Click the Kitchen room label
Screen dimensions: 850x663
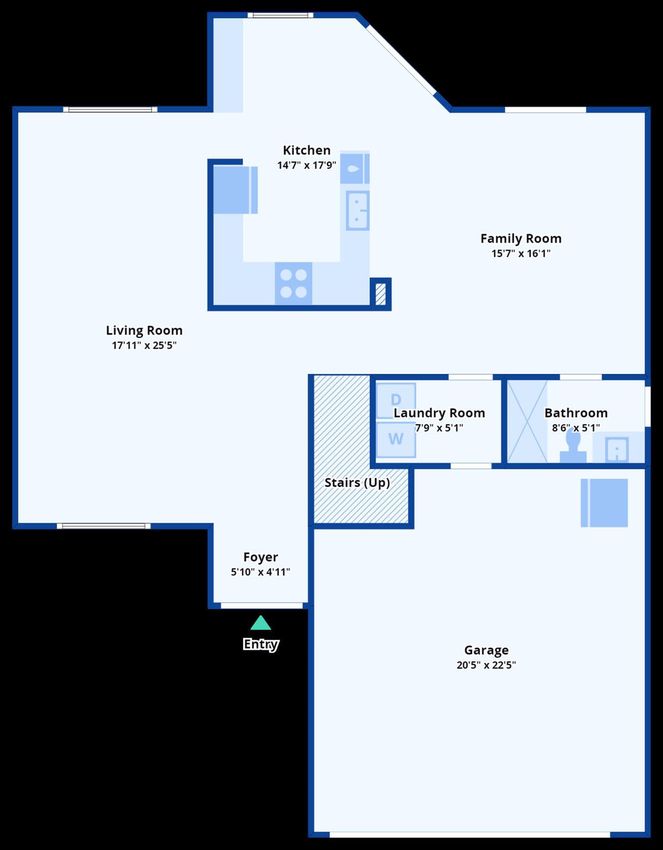pyautogui.click(x=307, y=150)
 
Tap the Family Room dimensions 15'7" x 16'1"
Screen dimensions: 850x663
pyautogui.click(x=521, y=253)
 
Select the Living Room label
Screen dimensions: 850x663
pyautogui.click(x=144, y=330)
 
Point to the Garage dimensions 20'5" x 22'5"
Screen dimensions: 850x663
pyautogui.click(x=486, y=665)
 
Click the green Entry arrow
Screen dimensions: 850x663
pyautogui.click(x=261, y=624)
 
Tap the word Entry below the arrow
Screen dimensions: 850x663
pyautogui.click(x=261, y=644)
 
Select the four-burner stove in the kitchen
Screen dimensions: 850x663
pyautogui.click(x=293, y=283)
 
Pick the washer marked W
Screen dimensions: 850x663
pyautogui.click(x=396, y=439)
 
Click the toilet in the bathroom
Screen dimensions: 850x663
pyautogui.click(x=573, y=446)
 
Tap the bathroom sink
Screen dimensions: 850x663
pyautogui.click(x=617, y=449)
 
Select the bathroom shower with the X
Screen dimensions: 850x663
pyautogui.click(x=527, y=421)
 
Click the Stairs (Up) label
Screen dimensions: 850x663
pyautogui.click(x=357, y=483)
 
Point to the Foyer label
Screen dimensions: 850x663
pyautogui.click(x=261, y=557)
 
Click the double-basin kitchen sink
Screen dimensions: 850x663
pyautogui.click(x=358, y=210)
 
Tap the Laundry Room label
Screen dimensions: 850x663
pyautogui.click(x=439, y=413)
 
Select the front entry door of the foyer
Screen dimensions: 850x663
pyautogui.click(x=262, y=606)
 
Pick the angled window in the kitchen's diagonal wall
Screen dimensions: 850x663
pyautogui.click(x=401, y=60)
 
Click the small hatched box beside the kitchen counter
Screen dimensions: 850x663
pyautogui.click(x=381, y=294)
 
